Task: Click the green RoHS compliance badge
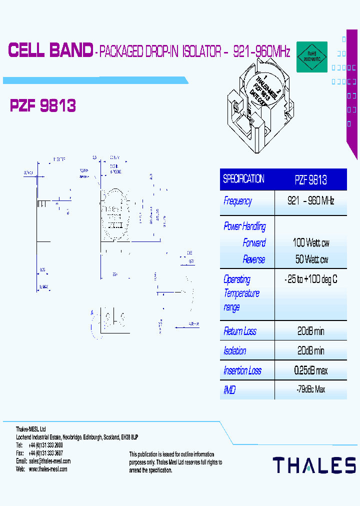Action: tap(312, 56)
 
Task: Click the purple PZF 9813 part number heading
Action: tap(43, 105)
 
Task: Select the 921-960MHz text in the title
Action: tap(261, 51)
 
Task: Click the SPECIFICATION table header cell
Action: tap(243, 179)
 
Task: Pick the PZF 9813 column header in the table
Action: tap(310, 179)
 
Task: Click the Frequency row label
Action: tap(238, 201)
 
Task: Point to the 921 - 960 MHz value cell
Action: tap(310, 201)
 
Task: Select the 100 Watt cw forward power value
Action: tap(310, 243)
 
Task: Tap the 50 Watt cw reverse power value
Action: tap(311, 259)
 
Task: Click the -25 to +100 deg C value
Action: tap(310, 279)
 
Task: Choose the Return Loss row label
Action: tap(240, 331)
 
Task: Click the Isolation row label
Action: tap(235, 351)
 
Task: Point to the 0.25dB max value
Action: tap(310, 370)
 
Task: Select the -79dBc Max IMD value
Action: tap(310, 389)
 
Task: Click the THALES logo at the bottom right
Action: tap(314, 465)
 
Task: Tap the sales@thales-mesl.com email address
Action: tap(49, 461)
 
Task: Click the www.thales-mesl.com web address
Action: tap(48, 469)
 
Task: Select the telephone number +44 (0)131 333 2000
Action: tap(45, 445)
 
